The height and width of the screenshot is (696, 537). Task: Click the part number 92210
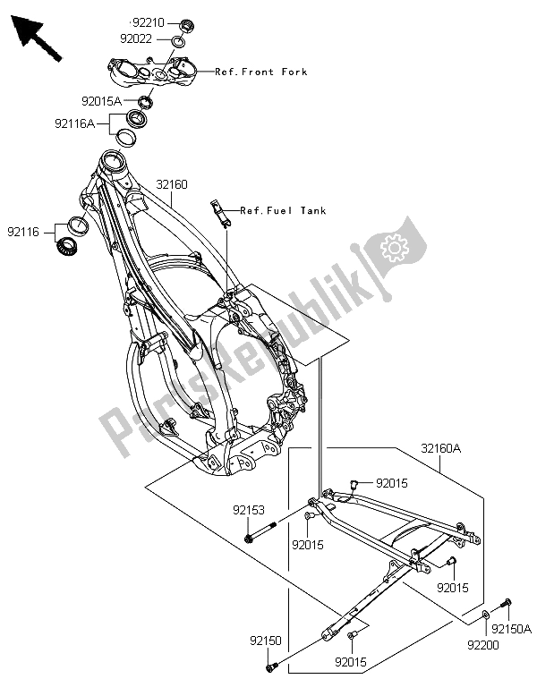pos(147,21)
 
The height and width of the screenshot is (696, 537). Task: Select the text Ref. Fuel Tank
pos(271,211)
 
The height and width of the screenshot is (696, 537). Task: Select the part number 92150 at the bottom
pos(268,642)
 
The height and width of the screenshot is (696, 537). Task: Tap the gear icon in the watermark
pos(395,245)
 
